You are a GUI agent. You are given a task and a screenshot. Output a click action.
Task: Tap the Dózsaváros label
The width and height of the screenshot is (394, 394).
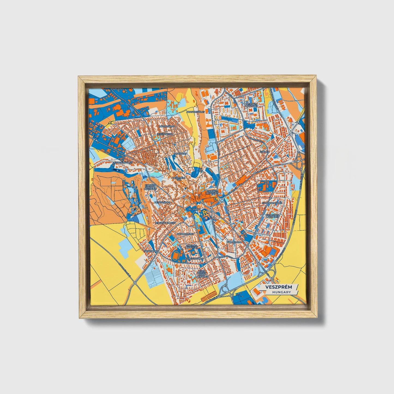click(166, 127)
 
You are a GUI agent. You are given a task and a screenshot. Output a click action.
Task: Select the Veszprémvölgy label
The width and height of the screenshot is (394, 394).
click(122, 163)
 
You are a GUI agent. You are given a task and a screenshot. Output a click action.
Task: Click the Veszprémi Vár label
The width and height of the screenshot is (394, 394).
click(179, 179)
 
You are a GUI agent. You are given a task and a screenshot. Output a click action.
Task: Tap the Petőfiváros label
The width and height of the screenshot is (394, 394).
click(162, 203)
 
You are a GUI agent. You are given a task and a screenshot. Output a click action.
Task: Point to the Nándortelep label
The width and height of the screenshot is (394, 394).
click(185, 234)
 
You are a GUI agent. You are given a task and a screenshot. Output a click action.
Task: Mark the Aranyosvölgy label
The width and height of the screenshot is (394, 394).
click(195, 112)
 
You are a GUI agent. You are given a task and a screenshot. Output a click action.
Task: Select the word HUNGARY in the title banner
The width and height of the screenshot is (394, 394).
click(281, 292)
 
